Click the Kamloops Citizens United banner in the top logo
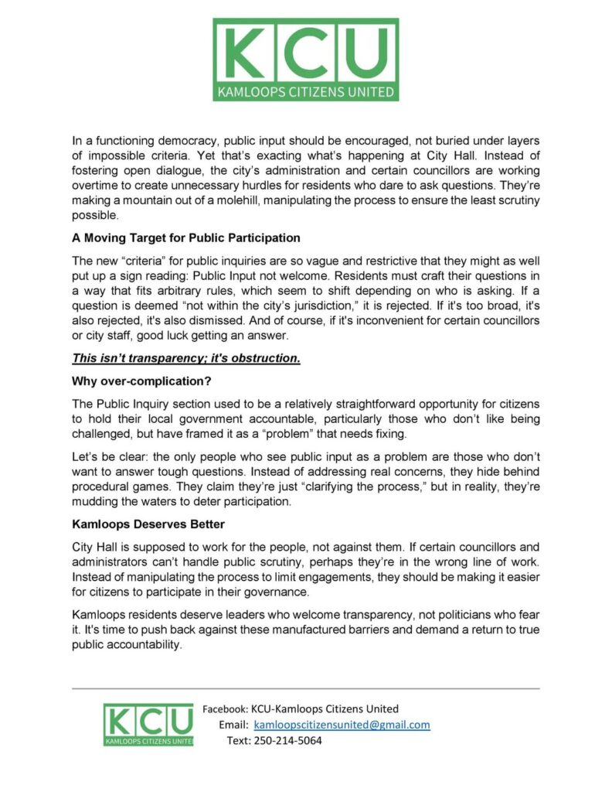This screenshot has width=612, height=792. pyautogui.click(x=306, y=92)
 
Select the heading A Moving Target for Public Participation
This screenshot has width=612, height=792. pyautogui.click(x=185, y=237)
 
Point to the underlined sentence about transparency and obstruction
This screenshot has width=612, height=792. pyautogui.click(x=185, y=359)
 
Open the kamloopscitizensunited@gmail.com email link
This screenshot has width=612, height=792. pyautogui.click(x=342, y=725)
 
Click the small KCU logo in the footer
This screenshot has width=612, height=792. pyautogui.click(x=149, y=725)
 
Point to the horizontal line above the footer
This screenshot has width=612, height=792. pyautogui.click(x=306, y=688)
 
